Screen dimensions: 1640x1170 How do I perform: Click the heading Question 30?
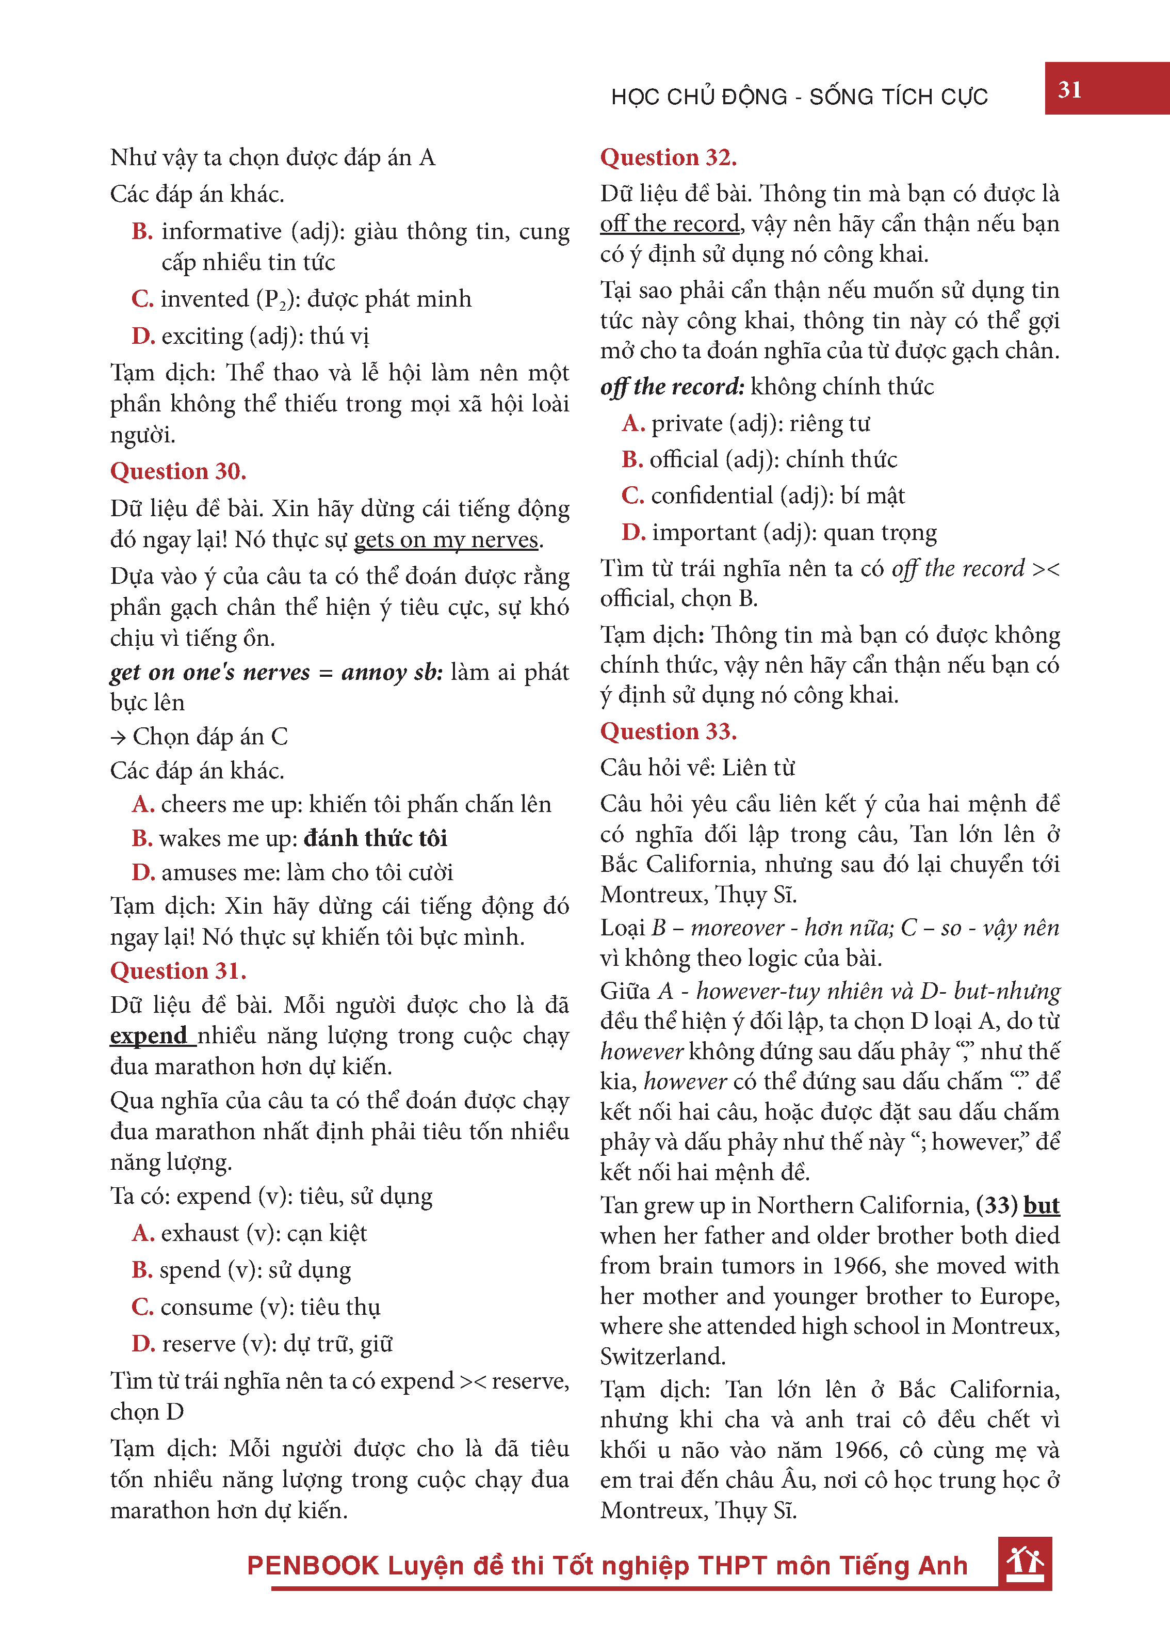click(178, 471)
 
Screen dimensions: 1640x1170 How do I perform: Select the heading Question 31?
click(178, 970)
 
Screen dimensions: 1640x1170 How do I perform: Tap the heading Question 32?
click(668, 157)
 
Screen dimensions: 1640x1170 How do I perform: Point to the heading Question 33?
click(668, 731)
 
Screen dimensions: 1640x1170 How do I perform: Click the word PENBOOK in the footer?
click(313, 1566)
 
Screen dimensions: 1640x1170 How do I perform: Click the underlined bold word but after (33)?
click(1041, 1205)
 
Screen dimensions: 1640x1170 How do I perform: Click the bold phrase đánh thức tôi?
click(376, 838)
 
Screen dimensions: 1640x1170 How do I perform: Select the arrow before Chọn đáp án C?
click(118, 737)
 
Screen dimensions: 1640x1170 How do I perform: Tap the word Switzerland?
click(662, 1357)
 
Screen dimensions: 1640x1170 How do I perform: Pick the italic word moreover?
click(737, 928)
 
